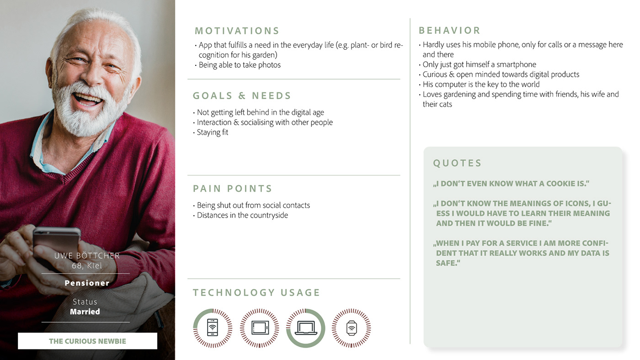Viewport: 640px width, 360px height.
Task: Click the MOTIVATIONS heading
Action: click(x=237, y=31)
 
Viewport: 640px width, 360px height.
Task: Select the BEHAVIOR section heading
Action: click(x=449, y=31)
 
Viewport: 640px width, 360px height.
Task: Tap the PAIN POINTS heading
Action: click(x=232, y=188)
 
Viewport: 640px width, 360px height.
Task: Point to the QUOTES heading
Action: click(x=457, y=163)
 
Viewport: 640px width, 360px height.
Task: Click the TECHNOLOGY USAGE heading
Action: click(x=256, y=293)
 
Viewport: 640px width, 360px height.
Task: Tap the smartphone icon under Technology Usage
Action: click(x=212, y=328)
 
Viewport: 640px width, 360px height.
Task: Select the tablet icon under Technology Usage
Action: click(x=260, y=328)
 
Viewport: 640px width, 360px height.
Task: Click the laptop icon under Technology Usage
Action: click(x=306, y=328)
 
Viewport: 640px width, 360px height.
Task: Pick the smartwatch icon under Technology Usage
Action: click(x=352, y=328)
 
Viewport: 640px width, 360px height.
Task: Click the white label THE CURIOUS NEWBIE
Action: click(x=87, y=341)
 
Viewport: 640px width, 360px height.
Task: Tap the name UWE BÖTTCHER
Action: click(x=87, y=255)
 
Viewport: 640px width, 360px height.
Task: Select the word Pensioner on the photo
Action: click(x=87, y=283)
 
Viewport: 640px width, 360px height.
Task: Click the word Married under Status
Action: click(x=85, y=312)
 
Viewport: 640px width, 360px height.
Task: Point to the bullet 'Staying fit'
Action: click(x=211, y=132)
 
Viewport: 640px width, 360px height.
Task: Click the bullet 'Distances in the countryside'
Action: click(x=240, y=215)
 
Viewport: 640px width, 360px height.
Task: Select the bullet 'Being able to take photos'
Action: click(x=238, y=65)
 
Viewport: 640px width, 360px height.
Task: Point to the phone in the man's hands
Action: click(x=57, y=243)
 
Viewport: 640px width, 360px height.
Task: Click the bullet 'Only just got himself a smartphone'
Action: click(x=477, y=64)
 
